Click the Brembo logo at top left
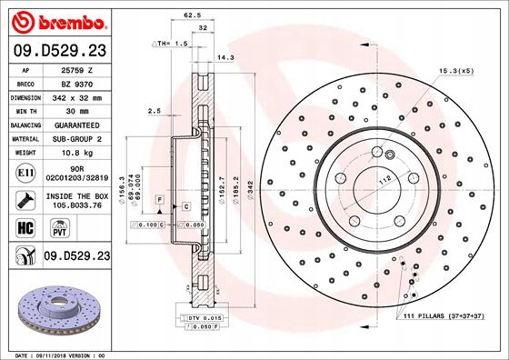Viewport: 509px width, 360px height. click(59, 22)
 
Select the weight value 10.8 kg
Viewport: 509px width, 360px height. click(77, 153)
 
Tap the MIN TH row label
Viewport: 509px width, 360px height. click(26, 111)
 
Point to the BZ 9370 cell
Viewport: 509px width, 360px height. click(77, 85)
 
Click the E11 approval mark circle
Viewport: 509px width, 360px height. click(25, 173)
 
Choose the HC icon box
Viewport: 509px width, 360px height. click(25, 227)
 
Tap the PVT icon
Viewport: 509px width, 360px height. click(60, 228)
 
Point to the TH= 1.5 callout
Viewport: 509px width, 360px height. click(170, 44)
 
